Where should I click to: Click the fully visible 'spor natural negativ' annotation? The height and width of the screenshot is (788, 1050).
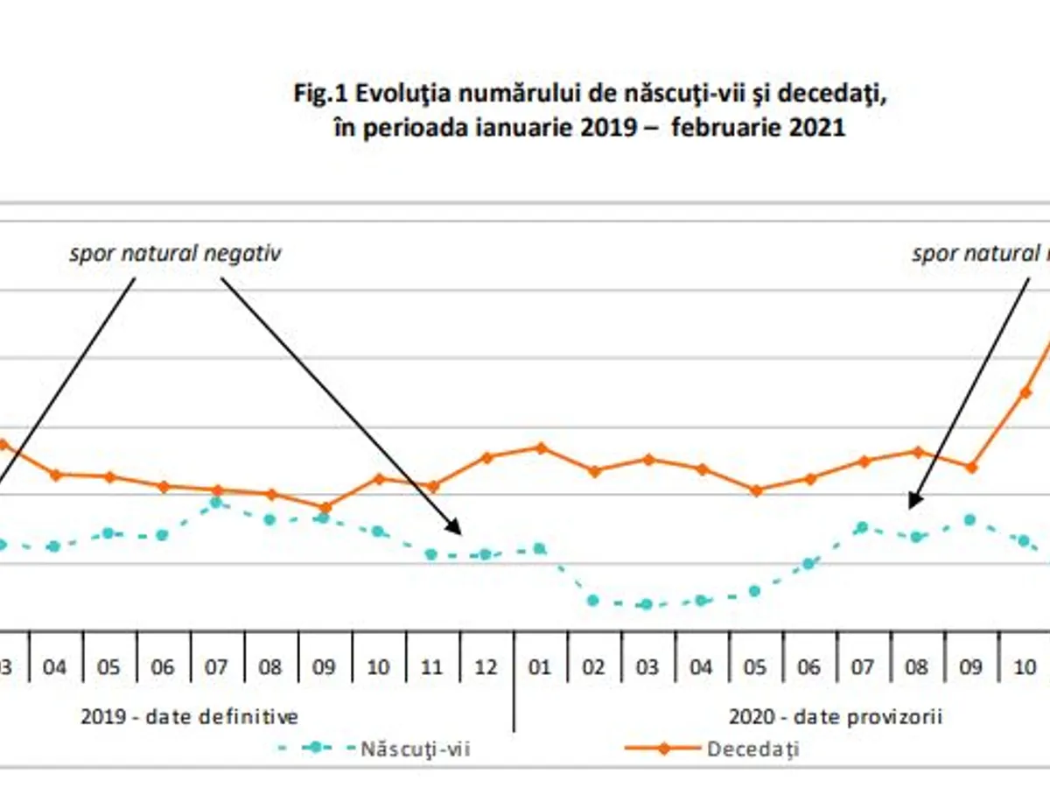176,254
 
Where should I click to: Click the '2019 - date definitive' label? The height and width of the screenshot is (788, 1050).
190,717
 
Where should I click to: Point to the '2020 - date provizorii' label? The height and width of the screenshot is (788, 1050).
836,717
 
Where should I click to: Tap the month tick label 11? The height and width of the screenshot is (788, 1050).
431,668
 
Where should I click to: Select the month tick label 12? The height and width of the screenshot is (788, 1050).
486,668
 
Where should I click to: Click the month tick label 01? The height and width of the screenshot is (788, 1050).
540,668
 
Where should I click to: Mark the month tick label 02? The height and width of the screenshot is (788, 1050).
594,668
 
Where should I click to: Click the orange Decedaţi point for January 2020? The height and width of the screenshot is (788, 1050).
541,447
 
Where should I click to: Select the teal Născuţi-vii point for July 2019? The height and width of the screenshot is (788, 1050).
216,503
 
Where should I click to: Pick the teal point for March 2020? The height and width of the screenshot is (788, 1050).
647,604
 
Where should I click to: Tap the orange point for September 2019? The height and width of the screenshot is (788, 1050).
325,507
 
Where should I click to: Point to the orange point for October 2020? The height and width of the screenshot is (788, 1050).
1025,391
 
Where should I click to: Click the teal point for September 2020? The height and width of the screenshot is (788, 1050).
969,519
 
